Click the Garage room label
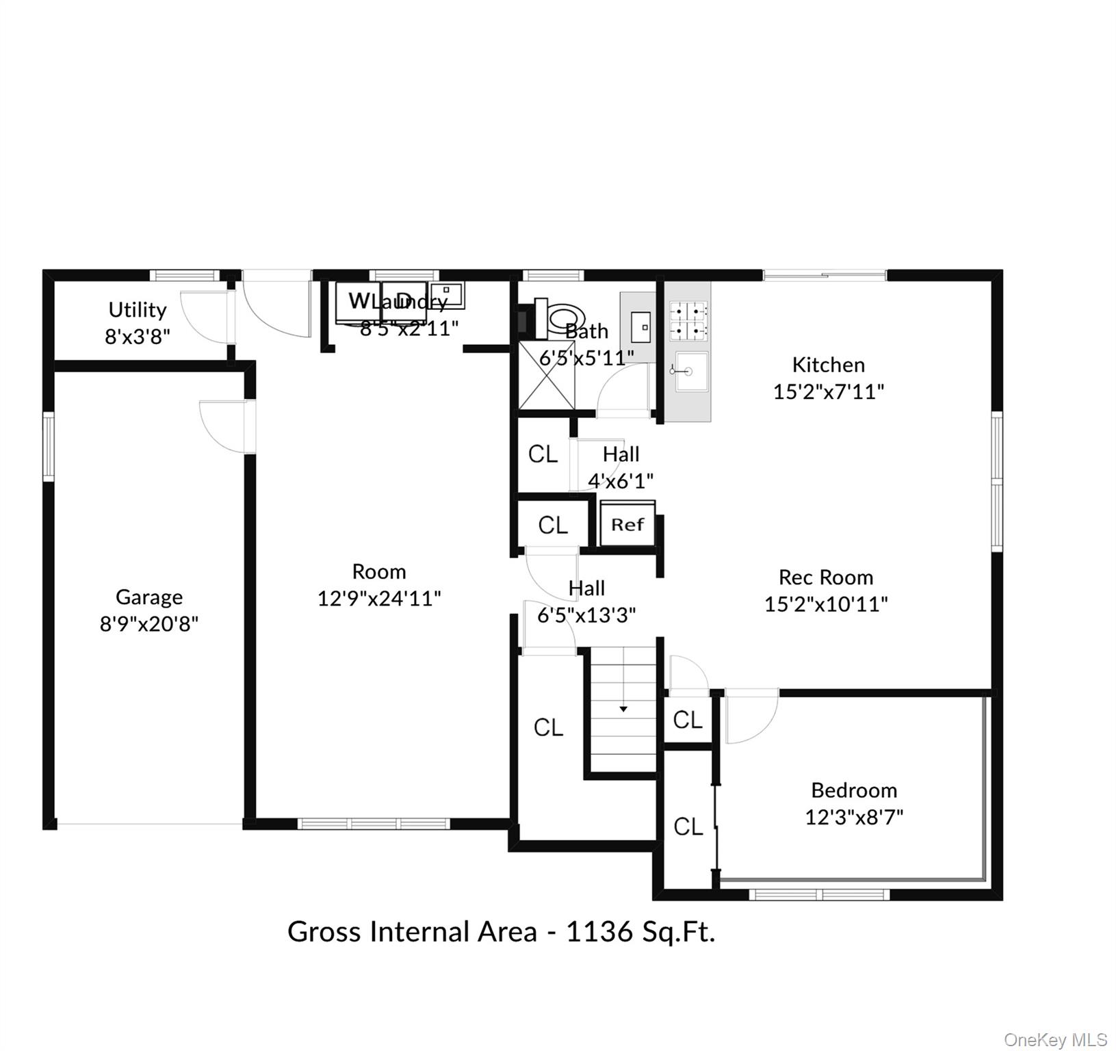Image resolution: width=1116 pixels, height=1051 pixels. pyautogui.click(x=148, y=597)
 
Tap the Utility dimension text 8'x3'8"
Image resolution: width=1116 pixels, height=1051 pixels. pyautogui.click(x=137, y=337)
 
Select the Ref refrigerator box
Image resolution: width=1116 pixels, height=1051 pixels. pyautogui.click(x=627, y=525)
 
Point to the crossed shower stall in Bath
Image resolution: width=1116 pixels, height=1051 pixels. pyautogui.click(x=546, y=376)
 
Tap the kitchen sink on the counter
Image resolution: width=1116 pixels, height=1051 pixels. pyautogui.click(x=691, y=372)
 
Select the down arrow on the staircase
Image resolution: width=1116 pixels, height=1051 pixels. pyautogui.click(x=623, y=709)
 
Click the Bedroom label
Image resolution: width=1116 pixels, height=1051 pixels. pyautogui.click(x=853, y=790)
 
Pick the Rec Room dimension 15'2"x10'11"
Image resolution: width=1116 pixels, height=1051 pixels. pyautogui.click(x=825, y=604)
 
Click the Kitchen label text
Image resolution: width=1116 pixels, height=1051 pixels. pyautogui.click(x=828, y=365)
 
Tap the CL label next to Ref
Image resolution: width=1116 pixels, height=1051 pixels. pyautogui.click(x=553, y=525)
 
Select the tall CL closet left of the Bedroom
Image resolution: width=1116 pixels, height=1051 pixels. pyautogui.click(x=688, y=827)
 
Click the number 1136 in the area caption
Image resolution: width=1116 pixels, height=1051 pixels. pyautogui.click(x=599, y=932)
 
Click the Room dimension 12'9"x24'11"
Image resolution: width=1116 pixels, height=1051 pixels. pyautogui.click(x=378, y=599)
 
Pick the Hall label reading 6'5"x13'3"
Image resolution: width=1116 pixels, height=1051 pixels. pyautogui.click(x=586, y=615)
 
